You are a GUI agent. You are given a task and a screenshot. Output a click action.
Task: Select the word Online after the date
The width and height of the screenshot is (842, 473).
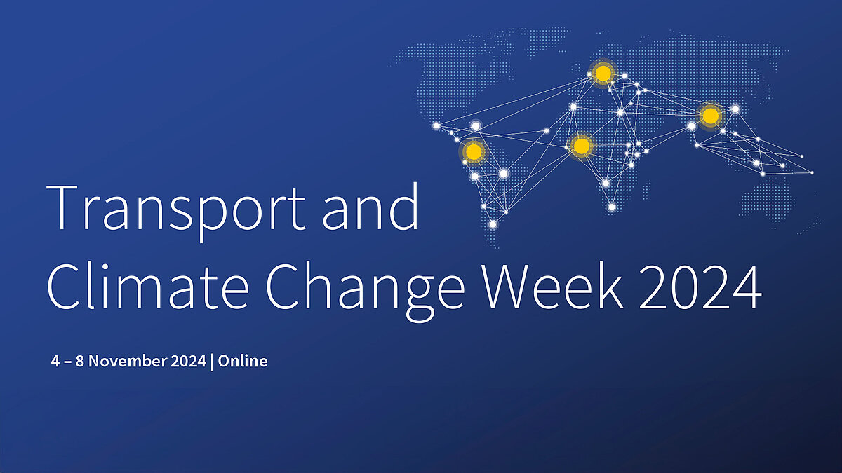(243, 362)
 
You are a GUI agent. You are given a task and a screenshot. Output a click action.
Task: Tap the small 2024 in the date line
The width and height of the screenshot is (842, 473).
(188, 362)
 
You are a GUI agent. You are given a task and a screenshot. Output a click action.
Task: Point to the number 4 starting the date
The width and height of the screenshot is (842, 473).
(55, 362)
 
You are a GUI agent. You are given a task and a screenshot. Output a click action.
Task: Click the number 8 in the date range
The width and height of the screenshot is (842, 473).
(81, 362)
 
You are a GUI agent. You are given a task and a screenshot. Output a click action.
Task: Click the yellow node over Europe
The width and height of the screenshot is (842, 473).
(602, 73)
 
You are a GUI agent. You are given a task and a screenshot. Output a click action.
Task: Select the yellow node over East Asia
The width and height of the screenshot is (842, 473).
(710, 115)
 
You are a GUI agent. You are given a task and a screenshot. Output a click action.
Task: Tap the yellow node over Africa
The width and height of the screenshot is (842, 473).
(581, 146)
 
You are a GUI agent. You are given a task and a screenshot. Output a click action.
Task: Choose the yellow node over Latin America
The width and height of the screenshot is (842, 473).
(474, 151)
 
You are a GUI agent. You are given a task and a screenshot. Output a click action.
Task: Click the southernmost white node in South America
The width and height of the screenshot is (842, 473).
(493, 224)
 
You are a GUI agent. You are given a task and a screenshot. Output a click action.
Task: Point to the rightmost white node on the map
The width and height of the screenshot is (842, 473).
(813, 172)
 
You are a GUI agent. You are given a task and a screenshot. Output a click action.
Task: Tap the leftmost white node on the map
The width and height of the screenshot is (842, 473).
(436, 126)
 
